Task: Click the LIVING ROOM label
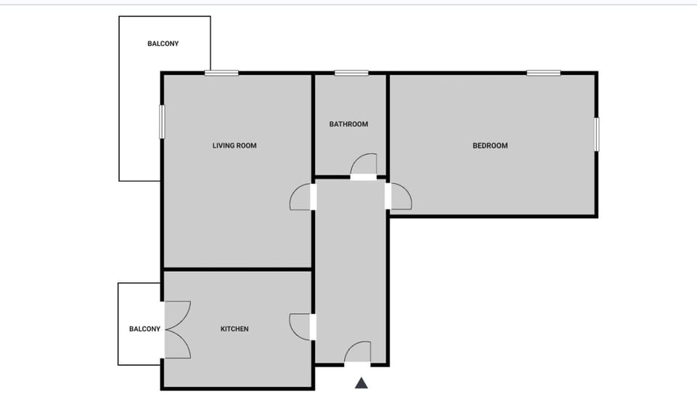234,145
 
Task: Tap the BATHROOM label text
348,124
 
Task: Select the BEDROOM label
490,145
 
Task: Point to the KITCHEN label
235,329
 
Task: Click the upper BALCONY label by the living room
163,44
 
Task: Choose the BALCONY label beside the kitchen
144,329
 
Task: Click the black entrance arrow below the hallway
362,382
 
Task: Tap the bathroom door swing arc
364,164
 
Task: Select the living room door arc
301,197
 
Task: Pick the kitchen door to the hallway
301,326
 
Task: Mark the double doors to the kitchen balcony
177,329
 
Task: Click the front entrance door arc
357,352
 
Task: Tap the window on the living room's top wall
221,73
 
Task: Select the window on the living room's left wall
162,121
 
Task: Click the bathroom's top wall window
351,73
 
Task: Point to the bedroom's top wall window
543,73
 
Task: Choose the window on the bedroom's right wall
597,135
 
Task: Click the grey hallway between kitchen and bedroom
351,269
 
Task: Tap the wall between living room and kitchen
237,270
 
